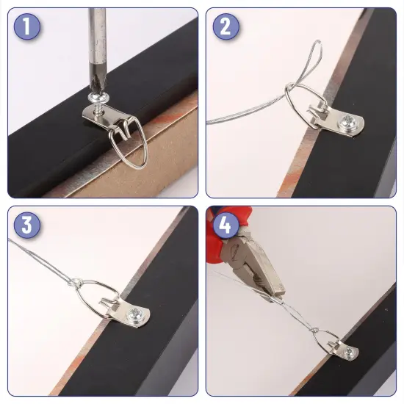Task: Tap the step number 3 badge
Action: pos(26,225)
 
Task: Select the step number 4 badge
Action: pos(226,225)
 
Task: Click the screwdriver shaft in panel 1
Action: pos(96,44)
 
